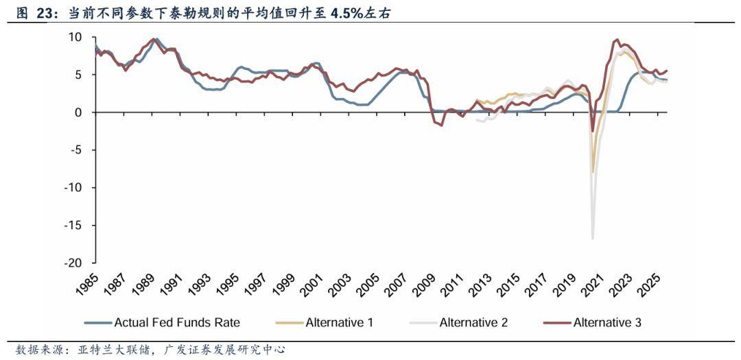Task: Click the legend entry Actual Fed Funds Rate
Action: [177, 322]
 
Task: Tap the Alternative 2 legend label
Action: [473, 322]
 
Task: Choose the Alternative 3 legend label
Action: [607, 322]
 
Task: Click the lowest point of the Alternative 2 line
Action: [592, 239]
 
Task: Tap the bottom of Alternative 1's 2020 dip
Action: [593, 172]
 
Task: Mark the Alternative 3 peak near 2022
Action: [617, 40]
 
